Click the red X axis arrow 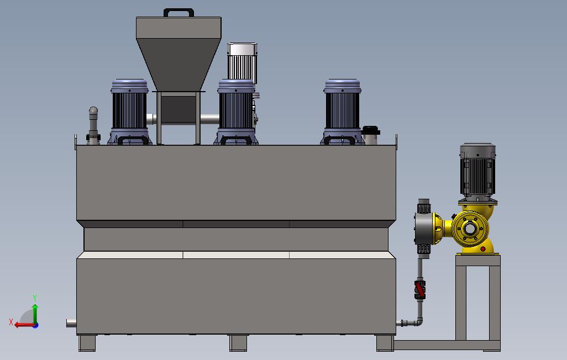25,325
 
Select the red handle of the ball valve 420,289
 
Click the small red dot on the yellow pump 483,249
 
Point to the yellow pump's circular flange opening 470,229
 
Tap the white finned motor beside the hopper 242,62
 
